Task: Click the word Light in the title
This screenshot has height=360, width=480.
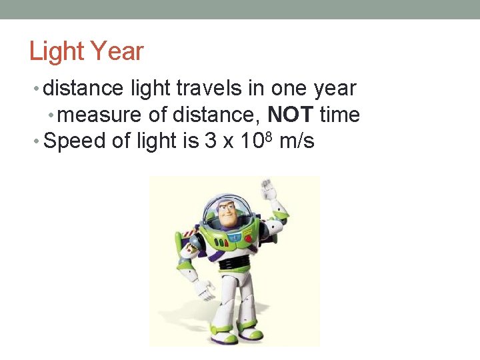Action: point(56,51)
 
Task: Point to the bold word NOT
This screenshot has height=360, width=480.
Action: point(290,115)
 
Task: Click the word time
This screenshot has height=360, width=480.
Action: point(340,115)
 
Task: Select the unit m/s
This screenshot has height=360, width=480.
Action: point(297,141)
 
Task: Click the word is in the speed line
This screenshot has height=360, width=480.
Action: point(187,141)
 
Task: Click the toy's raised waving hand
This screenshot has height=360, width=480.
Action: point(269,191)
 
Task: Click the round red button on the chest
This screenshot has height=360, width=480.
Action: point(248,238)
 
